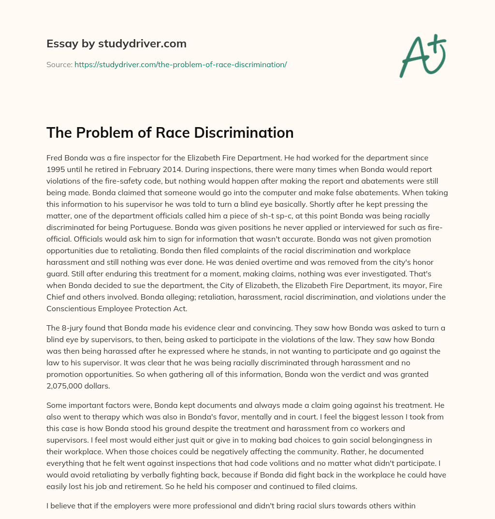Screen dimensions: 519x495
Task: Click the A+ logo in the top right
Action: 422,56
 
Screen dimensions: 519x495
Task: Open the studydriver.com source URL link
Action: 180,64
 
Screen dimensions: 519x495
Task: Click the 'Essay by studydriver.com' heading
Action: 116,43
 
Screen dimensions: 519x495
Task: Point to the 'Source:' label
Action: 59,64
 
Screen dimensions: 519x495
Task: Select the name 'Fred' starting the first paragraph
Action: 55,158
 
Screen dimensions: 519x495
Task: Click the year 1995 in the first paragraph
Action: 55,170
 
